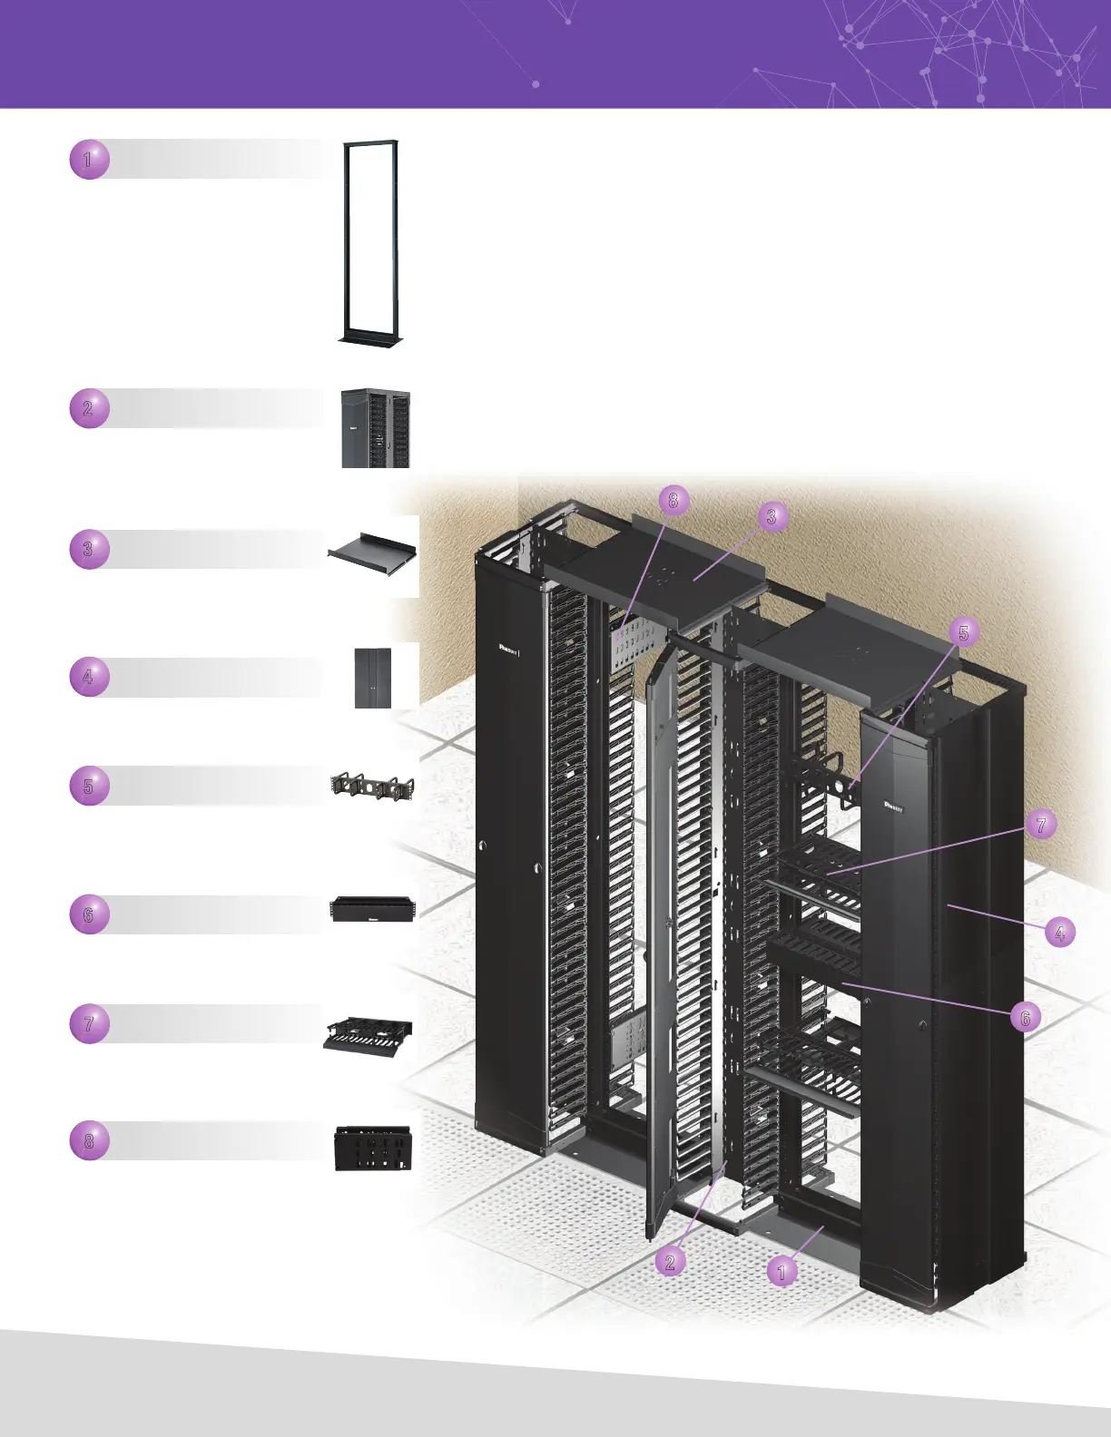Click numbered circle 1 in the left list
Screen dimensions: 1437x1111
coord(89,160)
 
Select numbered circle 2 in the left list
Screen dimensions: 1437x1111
coord(89,408)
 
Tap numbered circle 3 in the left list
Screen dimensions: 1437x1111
coord(89,549)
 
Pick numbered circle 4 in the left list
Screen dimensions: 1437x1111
coord(89,677)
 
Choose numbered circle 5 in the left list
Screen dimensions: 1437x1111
coord(89,786)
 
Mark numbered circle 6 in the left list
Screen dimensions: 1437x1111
coord(89,914)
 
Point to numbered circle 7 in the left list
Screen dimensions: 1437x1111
coord(89,1024)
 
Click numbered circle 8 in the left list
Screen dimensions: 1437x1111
coord(89,1140)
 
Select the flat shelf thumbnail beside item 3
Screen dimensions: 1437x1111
coord(373,548)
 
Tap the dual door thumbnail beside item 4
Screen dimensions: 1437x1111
coord(373,677)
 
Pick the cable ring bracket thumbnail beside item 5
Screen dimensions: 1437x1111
coord(373,786)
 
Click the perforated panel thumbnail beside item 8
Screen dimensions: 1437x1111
coord(373,1148)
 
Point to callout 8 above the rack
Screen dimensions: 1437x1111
coord(673,500)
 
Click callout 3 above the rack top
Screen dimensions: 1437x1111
coord(771,516)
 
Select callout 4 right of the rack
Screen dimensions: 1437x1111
coord(1058,932)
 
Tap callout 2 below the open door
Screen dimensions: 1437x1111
coord(670,1261)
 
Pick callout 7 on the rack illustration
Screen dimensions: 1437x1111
coord(1040,824)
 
